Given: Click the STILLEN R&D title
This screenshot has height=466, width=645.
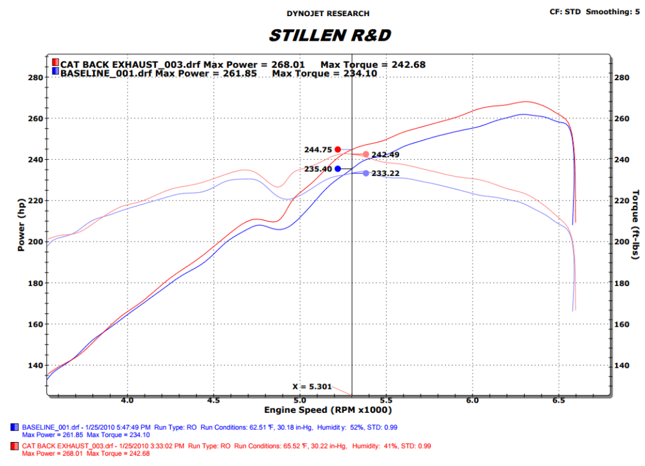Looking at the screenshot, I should [329, 35].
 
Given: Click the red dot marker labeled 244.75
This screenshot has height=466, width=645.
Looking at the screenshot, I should [338, 150].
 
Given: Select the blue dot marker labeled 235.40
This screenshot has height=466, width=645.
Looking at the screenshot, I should [338, 169].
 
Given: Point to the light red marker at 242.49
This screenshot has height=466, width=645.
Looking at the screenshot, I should [366, 155].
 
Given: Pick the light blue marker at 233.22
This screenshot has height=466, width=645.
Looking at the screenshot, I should [366, 173].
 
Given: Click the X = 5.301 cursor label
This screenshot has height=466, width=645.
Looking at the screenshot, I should [312, 387].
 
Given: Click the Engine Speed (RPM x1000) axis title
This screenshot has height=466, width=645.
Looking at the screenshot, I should [328, 410].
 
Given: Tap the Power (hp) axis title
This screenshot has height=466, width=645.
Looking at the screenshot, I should [21, 227].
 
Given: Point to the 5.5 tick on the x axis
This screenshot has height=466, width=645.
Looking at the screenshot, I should [386, 401].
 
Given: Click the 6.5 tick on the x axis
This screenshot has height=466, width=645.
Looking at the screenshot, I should [558, 401].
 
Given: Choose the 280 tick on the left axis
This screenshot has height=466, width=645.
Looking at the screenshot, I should [36, 78].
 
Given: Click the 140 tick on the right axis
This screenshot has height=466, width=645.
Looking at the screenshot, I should [622, 365].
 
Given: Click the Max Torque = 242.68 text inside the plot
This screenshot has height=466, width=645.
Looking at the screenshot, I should [373, 65].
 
